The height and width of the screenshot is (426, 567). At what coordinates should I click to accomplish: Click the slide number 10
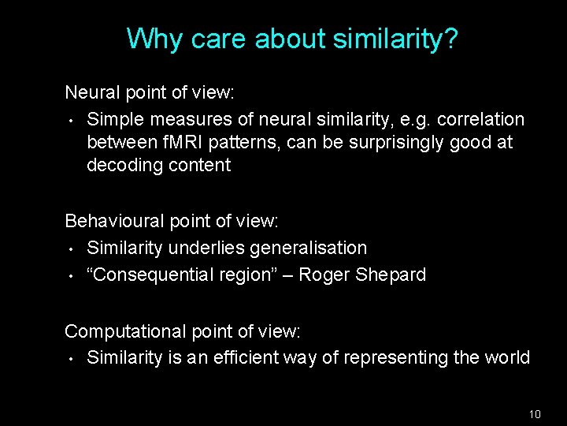[x=535, y=413]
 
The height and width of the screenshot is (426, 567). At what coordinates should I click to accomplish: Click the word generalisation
[x=308, y=248]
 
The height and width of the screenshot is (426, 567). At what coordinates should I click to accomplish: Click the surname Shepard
[x=389, y=275]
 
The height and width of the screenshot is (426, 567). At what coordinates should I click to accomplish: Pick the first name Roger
[x=322, y=275]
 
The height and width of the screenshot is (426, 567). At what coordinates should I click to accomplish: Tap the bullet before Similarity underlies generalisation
[x=70, y=249]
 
